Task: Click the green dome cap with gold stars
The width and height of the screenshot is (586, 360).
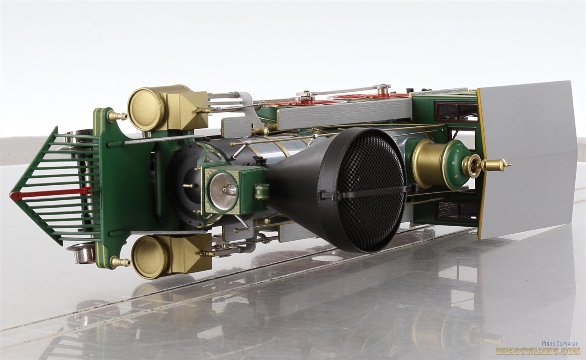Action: [x=457, y=164]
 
